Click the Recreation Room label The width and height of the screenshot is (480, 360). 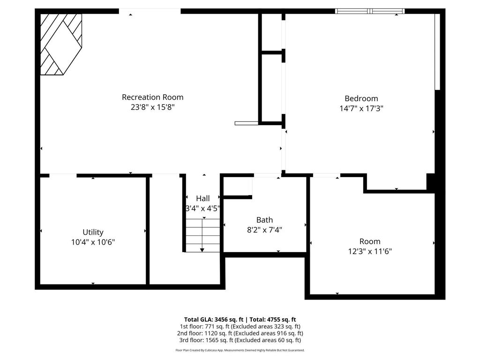tap(152, 97)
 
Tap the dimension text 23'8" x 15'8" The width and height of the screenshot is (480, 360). tap(152, 107)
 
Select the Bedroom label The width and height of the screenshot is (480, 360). tap(361, 98)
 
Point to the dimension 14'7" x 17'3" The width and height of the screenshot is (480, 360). tap(361, 108)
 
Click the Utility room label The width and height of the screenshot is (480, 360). tap(93, 232)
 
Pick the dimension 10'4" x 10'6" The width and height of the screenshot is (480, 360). tap(93, 242)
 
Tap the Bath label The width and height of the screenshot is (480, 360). tap(264, 220)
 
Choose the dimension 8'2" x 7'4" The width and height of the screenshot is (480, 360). tap(264, 230)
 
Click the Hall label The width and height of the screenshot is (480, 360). tap(203, 198)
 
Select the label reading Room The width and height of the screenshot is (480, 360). tap(370, 241)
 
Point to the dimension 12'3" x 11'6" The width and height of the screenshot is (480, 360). tap(370, 251)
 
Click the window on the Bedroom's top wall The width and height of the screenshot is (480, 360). tap(370, 11)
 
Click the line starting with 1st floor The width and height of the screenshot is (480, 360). tap(240, 326)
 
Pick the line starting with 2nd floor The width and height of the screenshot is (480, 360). tap(240, 333)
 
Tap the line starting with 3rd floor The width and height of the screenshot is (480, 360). tap(240, 340)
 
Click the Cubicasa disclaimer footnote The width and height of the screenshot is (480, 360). tap(240, 350)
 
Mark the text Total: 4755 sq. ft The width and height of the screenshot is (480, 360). tap(274, 320)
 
